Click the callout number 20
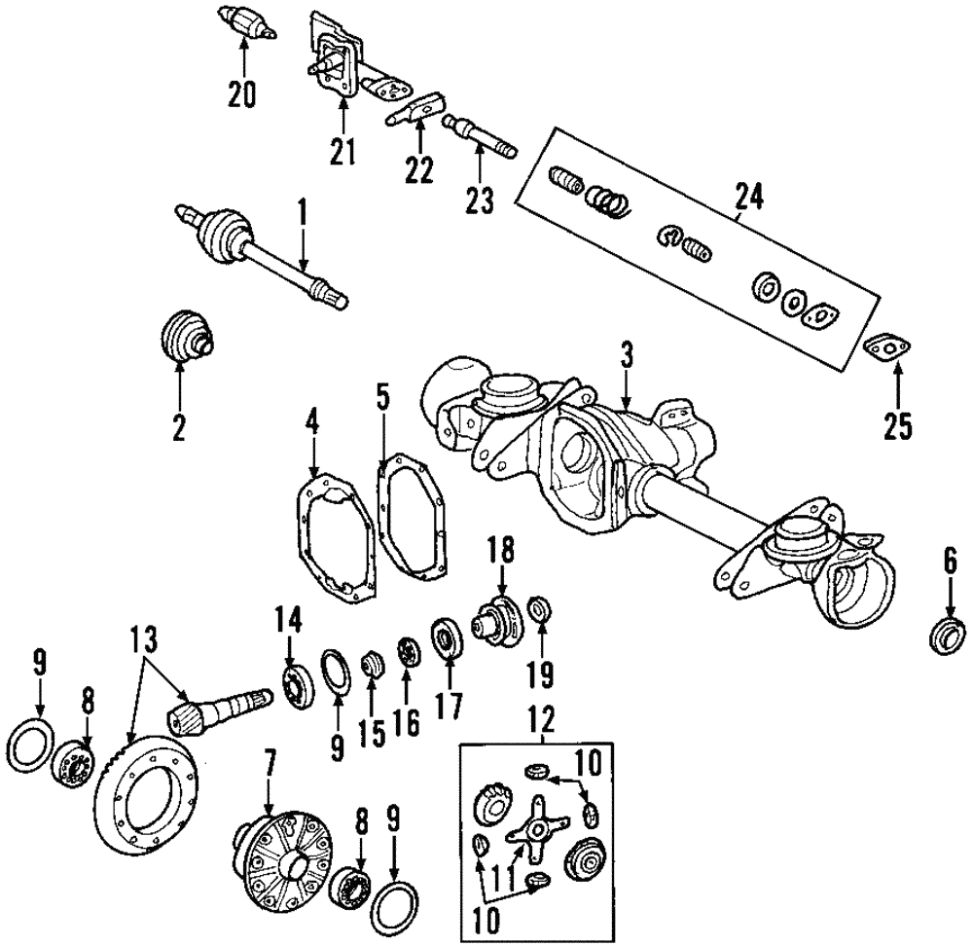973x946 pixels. (x=241, y=94)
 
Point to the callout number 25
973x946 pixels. (x=897, y=426)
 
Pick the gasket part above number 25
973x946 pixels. (x=885, y=347)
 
